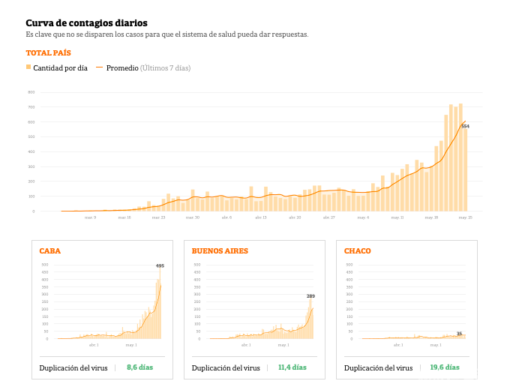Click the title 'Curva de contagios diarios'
click(86, 23)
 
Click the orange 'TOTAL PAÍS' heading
click(48, 53)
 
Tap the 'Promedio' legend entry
click(122, 68)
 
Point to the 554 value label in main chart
click(465, 126)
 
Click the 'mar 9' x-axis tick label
click(90, 217)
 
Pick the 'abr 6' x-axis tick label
click(226, 217)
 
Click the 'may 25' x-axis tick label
click(465, 217)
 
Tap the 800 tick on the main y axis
click(31, 92)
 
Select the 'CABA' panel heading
click(49, 250)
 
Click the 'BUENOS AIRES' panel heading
click(220, 250)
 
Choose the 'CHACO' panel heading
click(357, 250)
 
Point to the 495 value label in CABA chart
click(160, 266)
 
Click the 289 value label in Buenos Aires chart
click(310, 296)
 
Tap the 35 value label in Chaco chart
click(459, 334)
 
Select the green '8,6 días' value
click(139, 367)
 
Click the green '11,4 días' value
click(292, 367)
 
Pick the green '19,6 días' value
click(445, 367)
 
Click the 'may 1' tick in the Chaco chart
click(436, 345)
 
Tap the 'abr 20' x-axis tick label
click(294, 217)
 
